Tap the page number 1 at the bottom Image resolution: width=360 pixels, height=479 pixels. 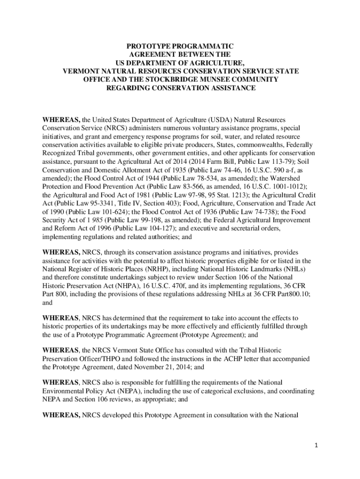coord(316,445)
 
